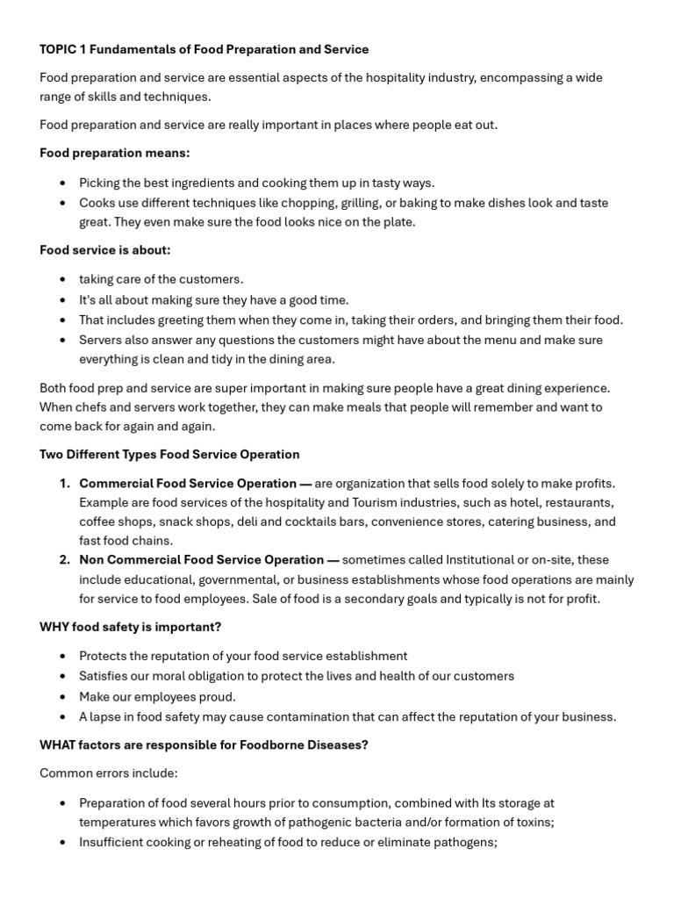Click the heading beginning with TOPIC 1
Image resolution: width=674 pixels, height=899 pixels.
point(204,49)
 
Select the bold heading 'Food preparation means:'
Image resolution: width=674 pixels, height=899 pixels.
point(114,153)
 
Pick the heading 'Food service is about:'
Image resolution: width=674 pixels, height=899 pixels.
point(105,250)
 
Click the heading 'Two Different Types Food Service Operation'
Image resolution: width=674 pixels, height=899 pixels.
point(169,454)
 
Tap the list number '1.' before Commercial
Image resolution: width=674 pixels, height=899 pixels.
point(65,484)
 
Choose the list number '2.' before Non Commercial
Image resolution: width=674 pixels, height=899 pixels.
point(65,560)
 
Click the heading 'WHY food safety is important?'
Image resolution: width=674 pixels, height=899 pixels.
point(130,627)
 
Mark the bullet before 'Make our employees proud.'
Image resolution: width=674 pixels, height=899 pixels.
point(61,697)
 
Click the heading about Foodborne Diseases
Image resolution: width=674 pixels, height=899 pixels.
point(204,744)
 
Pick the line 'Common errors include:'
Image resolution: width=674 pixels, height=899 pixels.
point(108,773)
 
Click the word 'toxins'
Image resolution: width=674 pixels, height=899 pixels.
point(531,823)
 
